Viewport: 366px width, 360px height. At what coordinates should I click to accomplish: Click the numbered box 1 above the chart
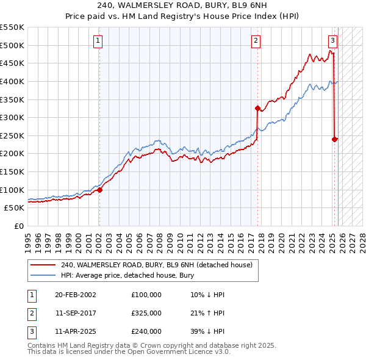pyautogui.click(x=98, y=41)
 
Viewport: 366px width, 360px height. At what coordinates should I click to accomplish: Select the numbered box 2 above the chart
pyautogui.click(x=256, y=41)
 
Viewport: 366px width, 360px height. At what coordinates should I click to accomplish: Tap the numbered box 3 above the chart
pyautogui.click(x=332, y=41)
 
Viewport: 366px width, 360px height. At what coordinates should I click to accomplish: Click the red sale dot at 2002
pyautogui.click(x=99, y=190)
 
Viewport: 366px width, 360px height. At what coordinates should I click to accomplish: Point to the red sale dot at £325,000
pyautogui.click(x=257, y=108)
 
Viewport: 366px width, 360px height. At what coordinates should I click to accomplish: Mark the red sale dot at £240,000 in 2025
pyautogui.click(x=334, y=139)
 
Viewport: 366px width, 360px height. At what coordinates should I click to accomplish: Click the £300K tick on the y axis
pyautogui.click(x=12, y=117)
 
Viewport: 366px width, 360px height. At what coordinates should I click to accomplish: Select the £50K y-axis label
pyautogui.click(x=15, y=207)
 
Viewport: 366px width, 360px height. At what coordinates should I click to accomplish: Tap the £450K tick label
pyautogui.click(x=12, y=63)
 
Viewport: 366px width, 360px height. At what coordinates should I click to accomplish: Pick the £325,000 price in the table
pyautogui.click(x=146, y=313)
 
